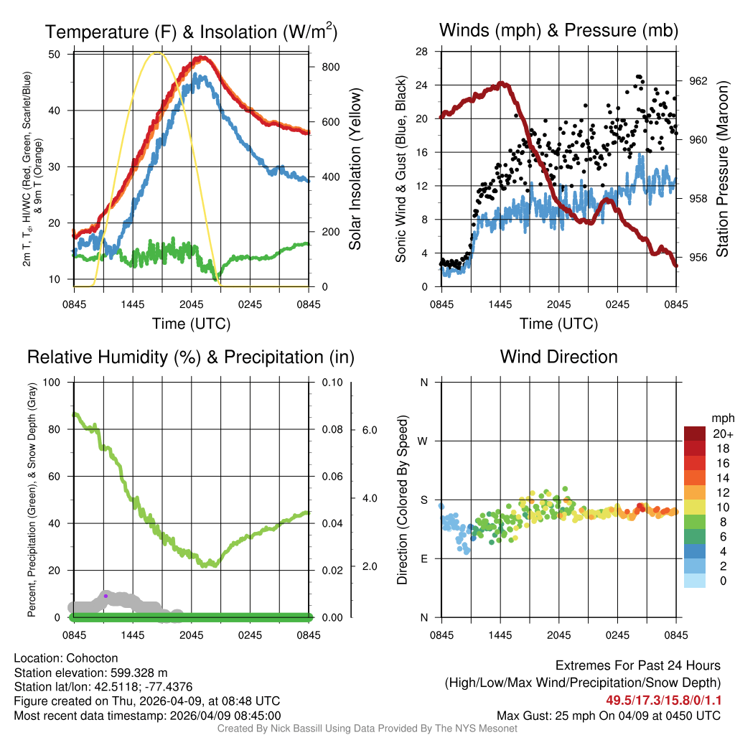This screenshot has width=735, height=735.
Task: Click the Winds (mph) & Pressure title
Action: (x=558, y=30)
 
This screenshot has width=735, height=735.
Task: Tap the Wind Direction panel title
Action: (x=558, y=357)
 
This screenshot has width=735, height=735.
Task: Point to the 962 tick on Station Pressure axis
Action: (x=698, y=81)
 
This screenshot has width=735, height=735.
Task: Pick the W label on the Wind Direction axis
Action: (x=423, y=441)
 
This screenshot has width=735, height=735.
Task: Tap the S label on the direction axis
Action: (x=423, y=500)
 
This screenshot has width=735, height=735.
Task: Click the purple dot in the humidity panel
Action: (x=106, y=596)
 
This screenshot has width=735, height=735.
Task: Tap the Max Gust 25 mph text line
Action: (x=609, y=715)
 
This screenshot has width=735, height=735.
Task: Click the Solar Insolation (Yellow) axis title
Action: (x=355, y=169)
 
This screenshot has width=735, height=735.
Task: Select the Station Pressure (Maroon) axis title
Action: (x=722, y=169)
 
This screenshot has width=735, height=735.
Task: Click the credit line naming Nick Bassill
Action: (x=367, y=729)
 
